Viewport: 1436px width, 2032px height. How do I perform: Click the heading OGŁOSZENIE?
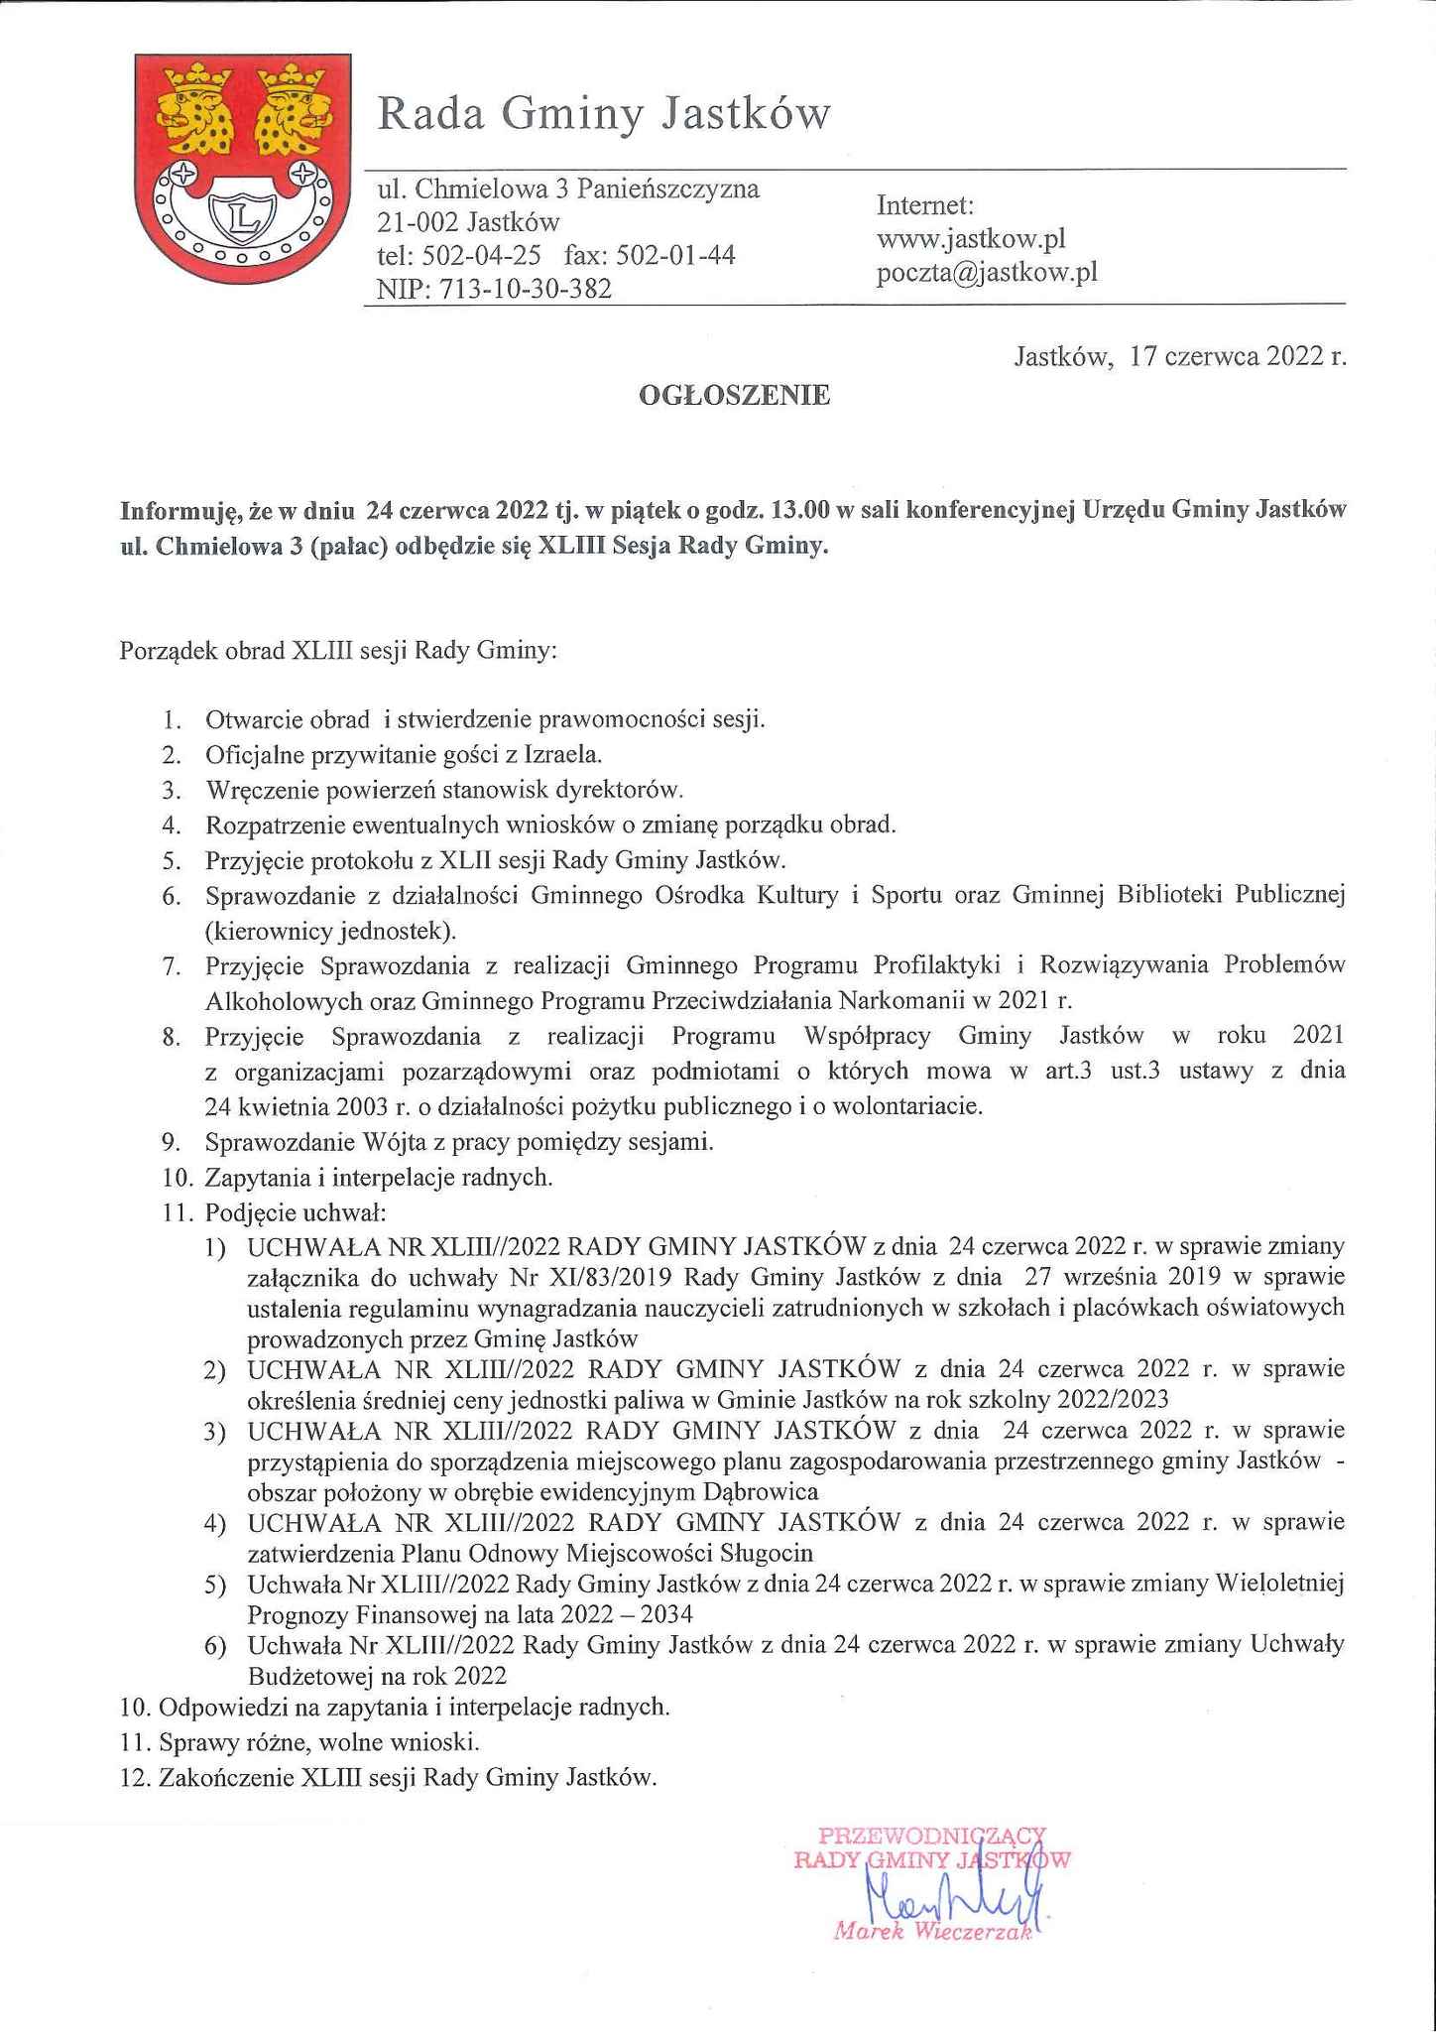tap(735, 397)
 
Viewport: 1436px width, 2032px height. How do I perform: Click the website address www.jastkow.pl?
tap(971, 239)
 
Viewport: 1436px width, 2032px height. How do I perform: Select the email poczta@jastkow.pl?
tap(987, 272)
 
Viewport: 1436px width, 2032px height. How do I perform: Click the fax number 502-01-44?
tap(675, 256)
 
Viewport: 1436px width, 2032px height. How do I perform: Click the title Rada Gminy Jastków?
tap(603, 115)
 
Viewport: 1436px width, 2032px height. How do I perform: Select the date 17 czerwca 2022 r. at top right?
tap(1238, 357)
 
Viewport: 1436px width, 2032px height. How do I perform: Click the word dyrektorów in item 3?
tap(623, 790)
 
